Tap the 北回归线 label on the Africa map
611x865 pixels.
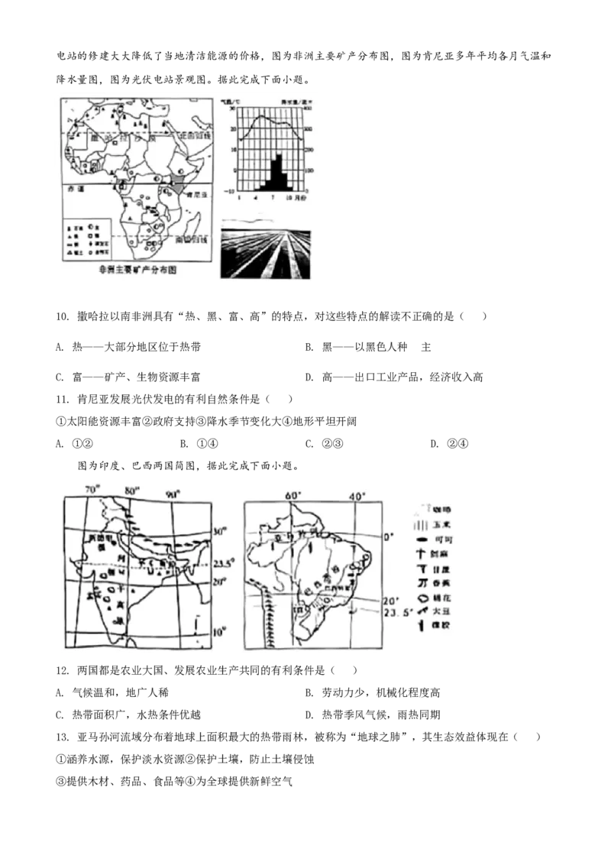click(x=190, y=136)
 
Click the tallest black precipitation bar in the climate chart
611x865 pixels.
click(x=276, y=172)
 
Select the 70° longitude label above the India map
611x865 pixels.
click(x=92, y=489)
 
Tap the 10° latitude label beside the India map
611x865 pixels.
click(x=220, y=633)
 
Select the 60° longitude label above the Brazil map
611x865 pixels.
click(x=292, y=495)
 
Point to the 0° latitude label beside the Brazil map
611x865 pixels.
click(x=388, y=537)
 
